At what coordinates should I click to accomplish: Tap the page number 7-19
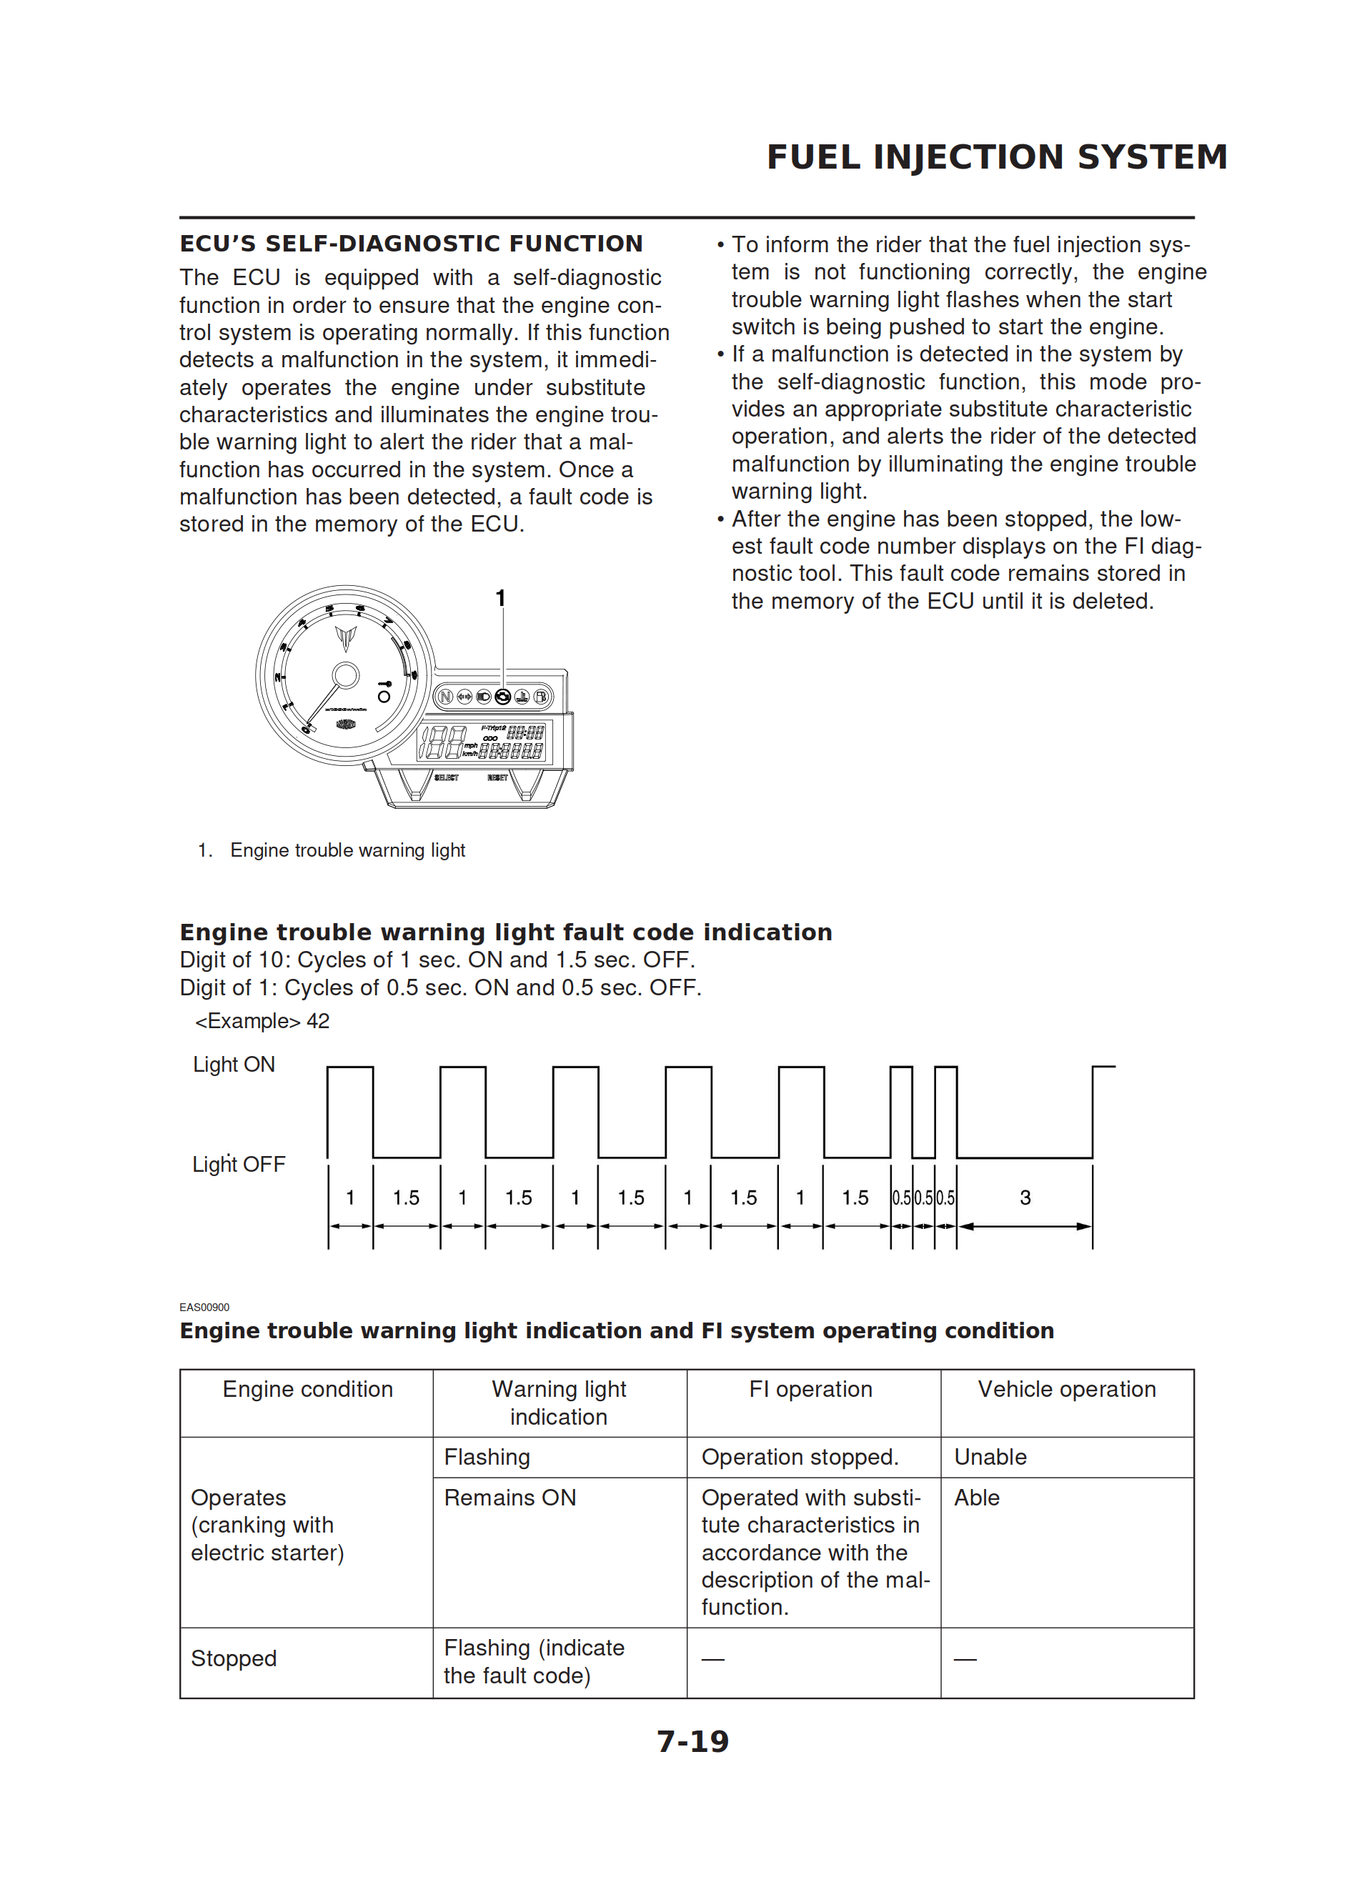(692, 1741)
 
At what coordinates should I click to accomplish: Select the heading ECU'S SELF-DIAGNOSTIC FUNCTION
(411, 244)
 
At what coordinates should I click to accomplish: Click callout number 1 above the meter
(500, 598)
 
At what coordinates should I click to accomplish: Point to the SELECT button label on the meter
(447, 777)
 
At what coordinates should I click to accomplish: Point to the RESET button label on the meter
(497, 777)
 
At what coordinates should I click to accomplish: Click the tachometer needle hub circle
(346, 675)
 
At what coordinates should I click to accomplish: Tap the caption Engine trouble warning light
(347, 850)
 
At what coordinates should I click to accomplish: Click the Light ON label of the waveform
(234, 1065)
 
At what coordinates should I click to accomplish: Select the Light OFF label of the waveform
(239, 1164)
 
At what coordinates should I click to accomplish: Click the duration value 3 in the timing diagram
(1025, 1198)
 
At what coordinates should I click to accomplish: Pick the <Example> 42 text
(262, 1021)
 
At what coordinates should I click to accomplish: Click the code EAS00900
(204, 1308)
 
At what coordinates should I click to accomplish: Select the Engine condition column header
(307, 1389)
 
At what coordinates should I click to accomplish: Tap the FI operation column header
(810, 1389)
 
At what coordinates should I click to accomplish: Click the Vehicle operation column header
(1067, 1389)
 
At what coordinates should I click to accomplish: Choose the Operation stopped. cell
(800, 1457)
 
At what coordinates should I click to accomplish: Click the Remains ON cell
(510, 1498)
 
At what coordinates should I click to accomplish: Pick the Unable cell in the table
(990, 1457)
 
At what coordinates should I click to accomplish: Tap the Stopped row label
(234, 1658)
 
